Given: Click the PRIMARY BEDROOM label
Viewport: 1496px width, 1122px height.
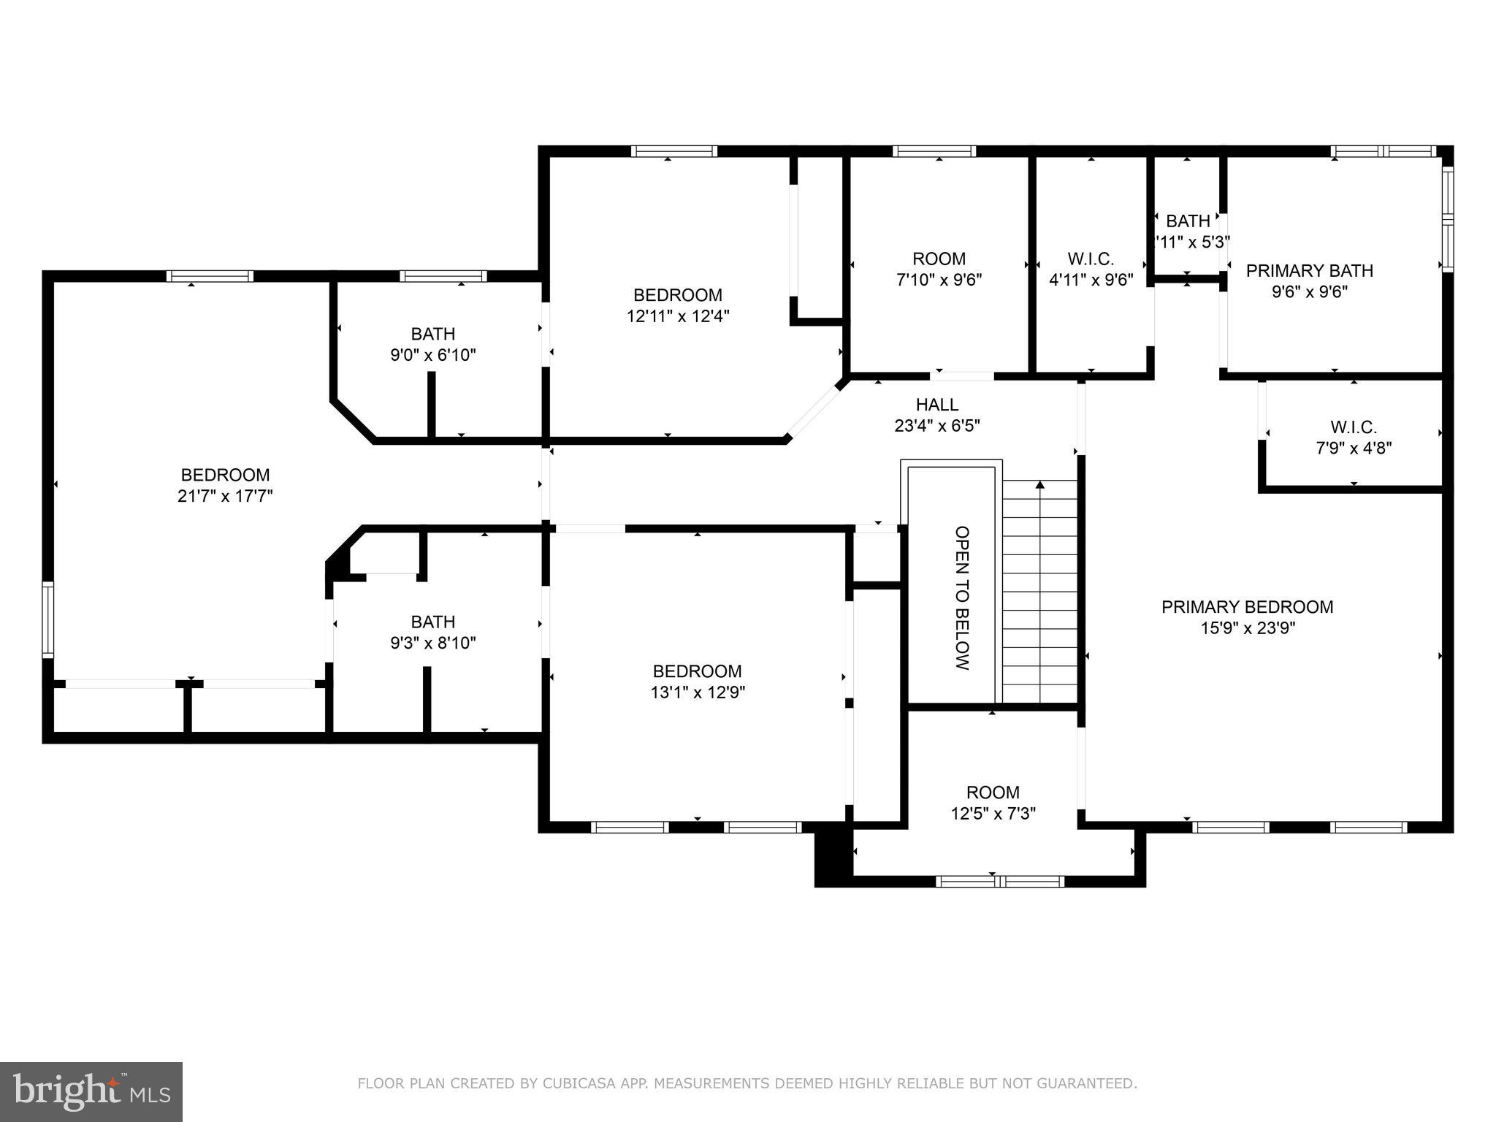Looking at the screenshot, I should (x=1247, y=606).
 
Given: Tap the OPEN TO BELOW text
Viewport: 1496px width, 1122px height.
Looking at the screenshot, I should (x=962, y=598).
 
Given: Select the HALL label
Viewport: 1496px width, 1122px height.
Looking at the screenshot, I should (x=937, y=404).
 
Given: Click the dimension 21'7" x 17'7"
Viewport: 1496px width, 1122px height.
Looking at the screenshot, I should (x=225, y=496).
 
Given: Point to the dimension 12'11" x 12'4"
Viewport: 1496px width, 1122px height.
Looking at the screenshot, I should (x=678, y=316).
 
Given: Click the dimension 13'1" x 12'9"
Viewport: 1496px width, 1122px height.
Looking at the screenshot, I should (x=698, y=692).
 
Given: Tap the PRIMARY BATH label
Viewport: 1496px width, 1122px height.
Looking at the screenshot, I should (x=1309, y=270).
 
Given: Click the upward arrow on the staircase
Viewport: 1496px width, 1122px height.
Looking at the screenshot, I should (x=1040, y=485).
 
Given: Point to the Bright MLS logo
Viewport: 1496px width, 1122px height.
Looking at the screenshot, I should (x=91, y=1091).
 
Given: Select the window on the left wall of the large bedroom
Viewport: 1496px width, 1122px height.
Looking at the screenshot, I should (x=47, y=619).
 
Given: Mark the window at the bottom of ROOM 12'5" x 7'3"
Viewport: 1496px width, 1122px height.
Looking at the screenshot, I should (x=999, y=881).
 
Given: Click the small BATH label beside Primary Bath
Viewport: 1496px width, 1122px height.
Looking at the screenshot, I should (x=1188, y=221).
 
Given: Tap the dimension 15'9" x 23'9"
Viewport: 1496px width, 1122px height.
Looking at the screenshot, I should (x=1247, y=627).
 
